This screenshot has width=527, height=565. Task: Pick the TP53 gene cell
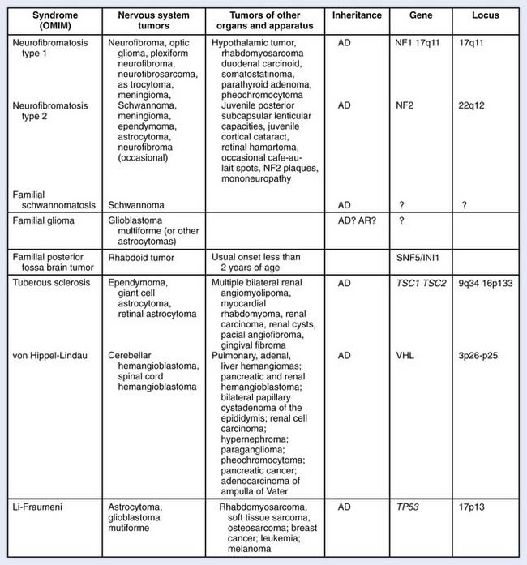tap(411, 507)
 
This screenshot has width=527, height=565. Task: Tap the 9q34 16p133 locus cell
tap(490, 286)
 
